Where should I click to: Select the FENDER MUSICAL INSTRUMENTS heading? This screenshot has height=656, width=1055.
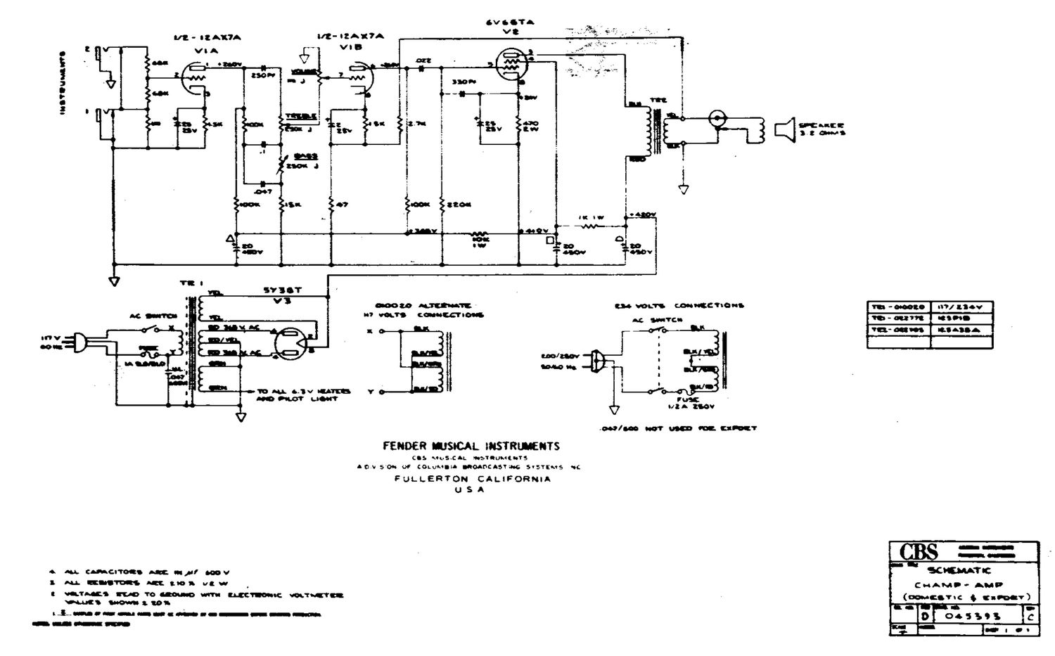click(x=471, y=446)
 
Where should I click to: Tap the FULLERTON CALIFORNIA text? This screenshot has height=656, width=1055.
click(x=471, y=479)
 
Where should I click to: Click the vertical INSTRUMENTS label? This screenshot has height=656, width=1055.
click(x=64, y=82)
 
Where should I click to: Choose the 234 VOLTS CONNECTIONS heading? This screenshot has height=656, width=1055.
click(x=679, y=306)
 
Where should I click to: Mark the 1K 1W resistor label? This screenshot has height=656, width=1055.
click(x=591, y=217)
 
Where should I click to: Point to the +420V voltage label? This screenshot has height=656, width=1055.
click(x=644, y=214)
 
